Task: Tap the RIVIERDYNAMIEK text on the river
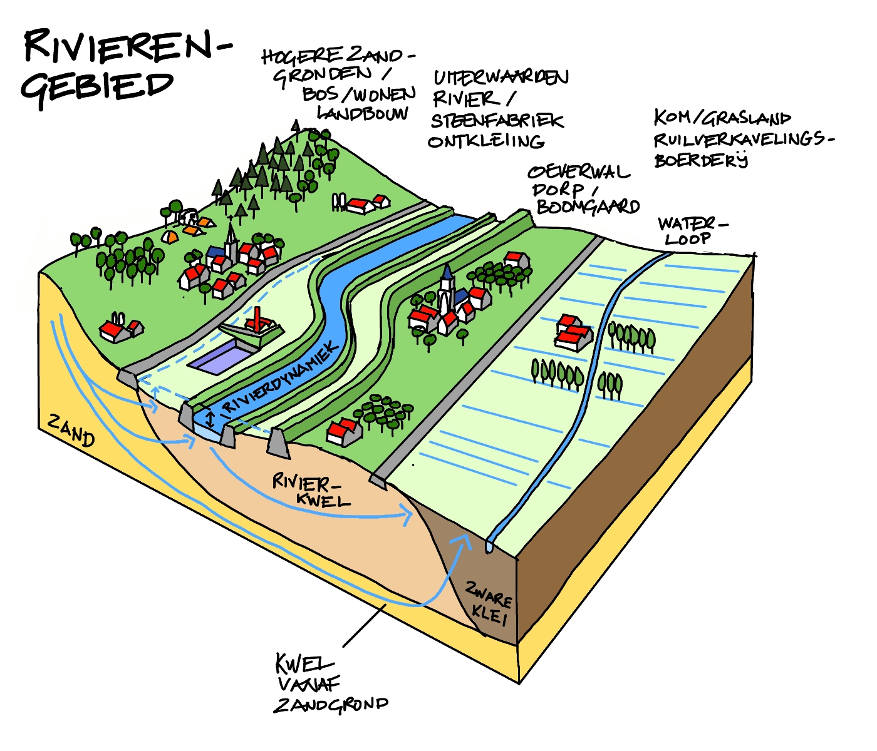point(282,379)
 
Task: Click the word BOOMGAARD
point(588,207)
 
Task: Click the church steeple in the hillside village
point(232,238)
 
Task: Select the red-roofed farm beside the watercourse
point(573,333)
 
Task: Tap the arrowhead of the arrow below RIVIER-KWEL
point(408,516)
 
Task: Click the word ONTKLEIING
point(485,141)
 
